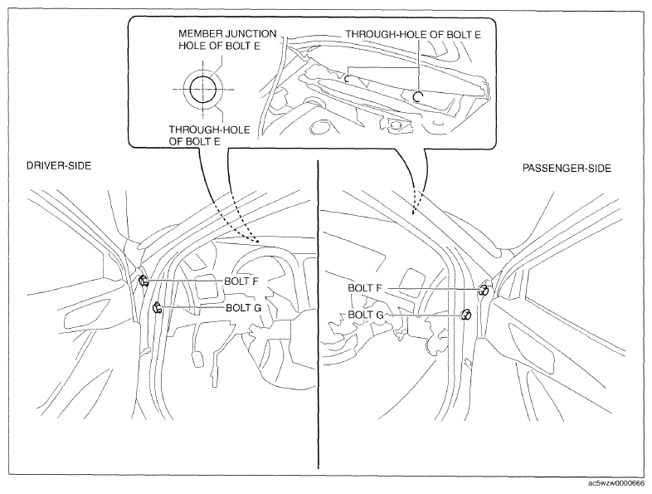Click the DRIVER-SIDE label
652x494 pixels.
pyautogui.click(x=59, y=166)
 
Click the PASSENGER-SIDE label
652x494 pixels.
pyautogui.click(x=567, y=169)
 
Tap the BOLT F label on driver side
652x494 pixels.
pyautogui.click(x=241, y=281)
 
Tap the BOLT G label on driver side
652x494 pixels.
pyautogui.click(x=243, y=308)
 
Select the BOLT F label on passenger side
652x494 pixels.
pyautogui.click(x=365, y=288)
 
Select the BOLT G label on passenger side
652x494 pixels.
pyautogui.click(x=366, y=315)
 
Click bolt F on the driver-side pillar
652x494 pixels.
pyautogui.click(x=144, y=281)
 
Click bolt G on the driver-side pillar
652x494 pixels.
pyautogui.click(x=157, y=308)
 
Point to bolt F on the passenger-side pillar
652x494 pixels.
pyautogui.click(x=484, y=290)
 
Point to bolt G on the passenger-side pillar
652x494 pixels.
pyautogui.click(x=465, y=315)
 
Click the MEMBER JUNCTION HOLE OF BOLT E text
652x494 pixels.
pyautogui.click(x=227, y=40)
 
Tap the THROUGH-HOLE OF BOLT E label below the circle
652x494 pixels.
pyautogui.click(x=209, y=135)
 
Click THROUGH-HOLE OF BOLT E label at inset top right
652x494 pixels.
pyautogui.click(x=413, y=35)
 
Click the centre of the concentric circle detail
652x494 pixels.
pyautogui.click(x=203, y=89)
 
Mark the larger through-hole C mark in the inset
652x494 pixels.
pyautogui.click(x=417, y=97)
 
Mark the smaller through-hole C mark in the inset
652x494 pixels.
pyautogui.click(x=347, y=78)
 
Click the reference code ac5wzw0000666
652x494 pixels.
pyautogui.click(x=616, y=483)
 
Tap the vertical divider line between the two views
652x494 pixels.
pyautogui.click(x=318, y=315)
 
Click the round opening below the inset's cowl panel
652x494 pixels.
pyautogui.click(x=319, y=127)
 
